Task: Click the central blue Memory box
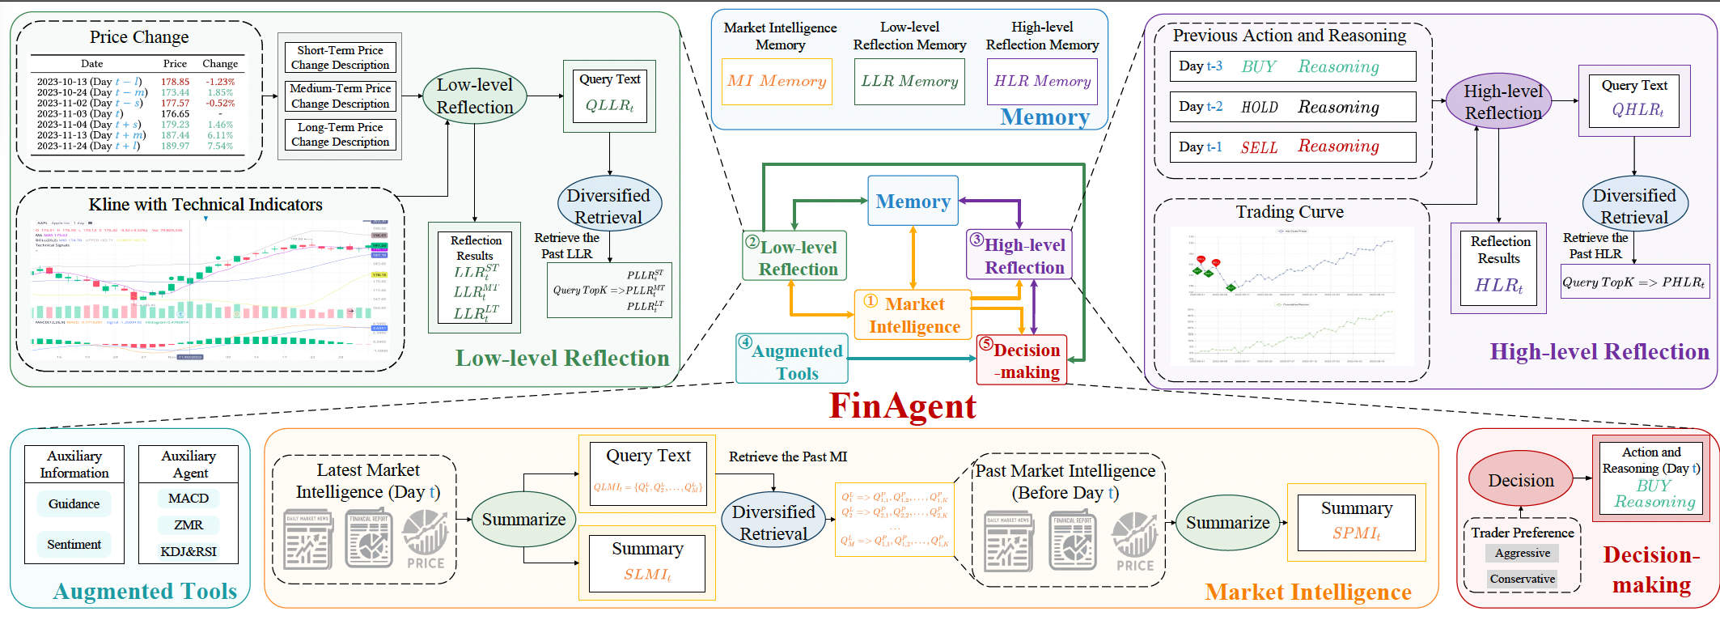pyautogui.click(x=913, y=201)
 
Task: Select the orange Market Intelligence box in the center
pyautogui.click(x=913, y=315)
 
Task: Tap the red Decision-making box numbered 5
pyautogui.click(x=1022, y=360)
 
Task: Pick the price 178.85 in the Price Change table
pyautogui.click(x=175, y=82)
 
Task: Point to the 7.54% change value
pyautogui.click(x=219, y=146)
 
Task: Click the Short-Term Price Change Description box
pyautogui.click(x=340, y=57)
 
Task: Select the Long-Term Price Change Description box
pyautogui.click(x=340, y=134)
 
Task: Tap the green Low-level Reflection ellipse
pyautogui.click(x=475, y=96)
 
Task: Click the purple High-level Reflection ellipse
pyautogui.click(x=1502, y=102)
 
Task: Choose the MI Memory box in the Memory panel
pyautogui.click(x=777, y=81)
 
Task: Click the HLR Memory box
pyautogui.click(x=1042, y=81)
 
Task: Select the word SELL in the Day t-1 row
pyautogui.click(x=1259, y=147)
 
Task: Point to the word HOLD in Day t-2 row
pyautogui.click(x=1259, y=107)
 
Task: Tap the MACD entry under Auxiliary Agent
pyautogui.click(x=189, y=499)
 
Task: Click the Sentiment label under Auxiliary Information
pyautogui.click(x=74, y=545)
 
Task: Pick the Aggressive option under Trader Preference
pyautogui.click(x=1522, y=554)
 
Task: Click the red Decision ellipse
pyautogui.click(x=1520, y=481)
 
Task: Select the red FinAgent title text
pyautogui.click(x=902, y=406)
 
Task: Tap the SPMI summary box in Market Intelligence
pyautogui.click(x=1356, y=522)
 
